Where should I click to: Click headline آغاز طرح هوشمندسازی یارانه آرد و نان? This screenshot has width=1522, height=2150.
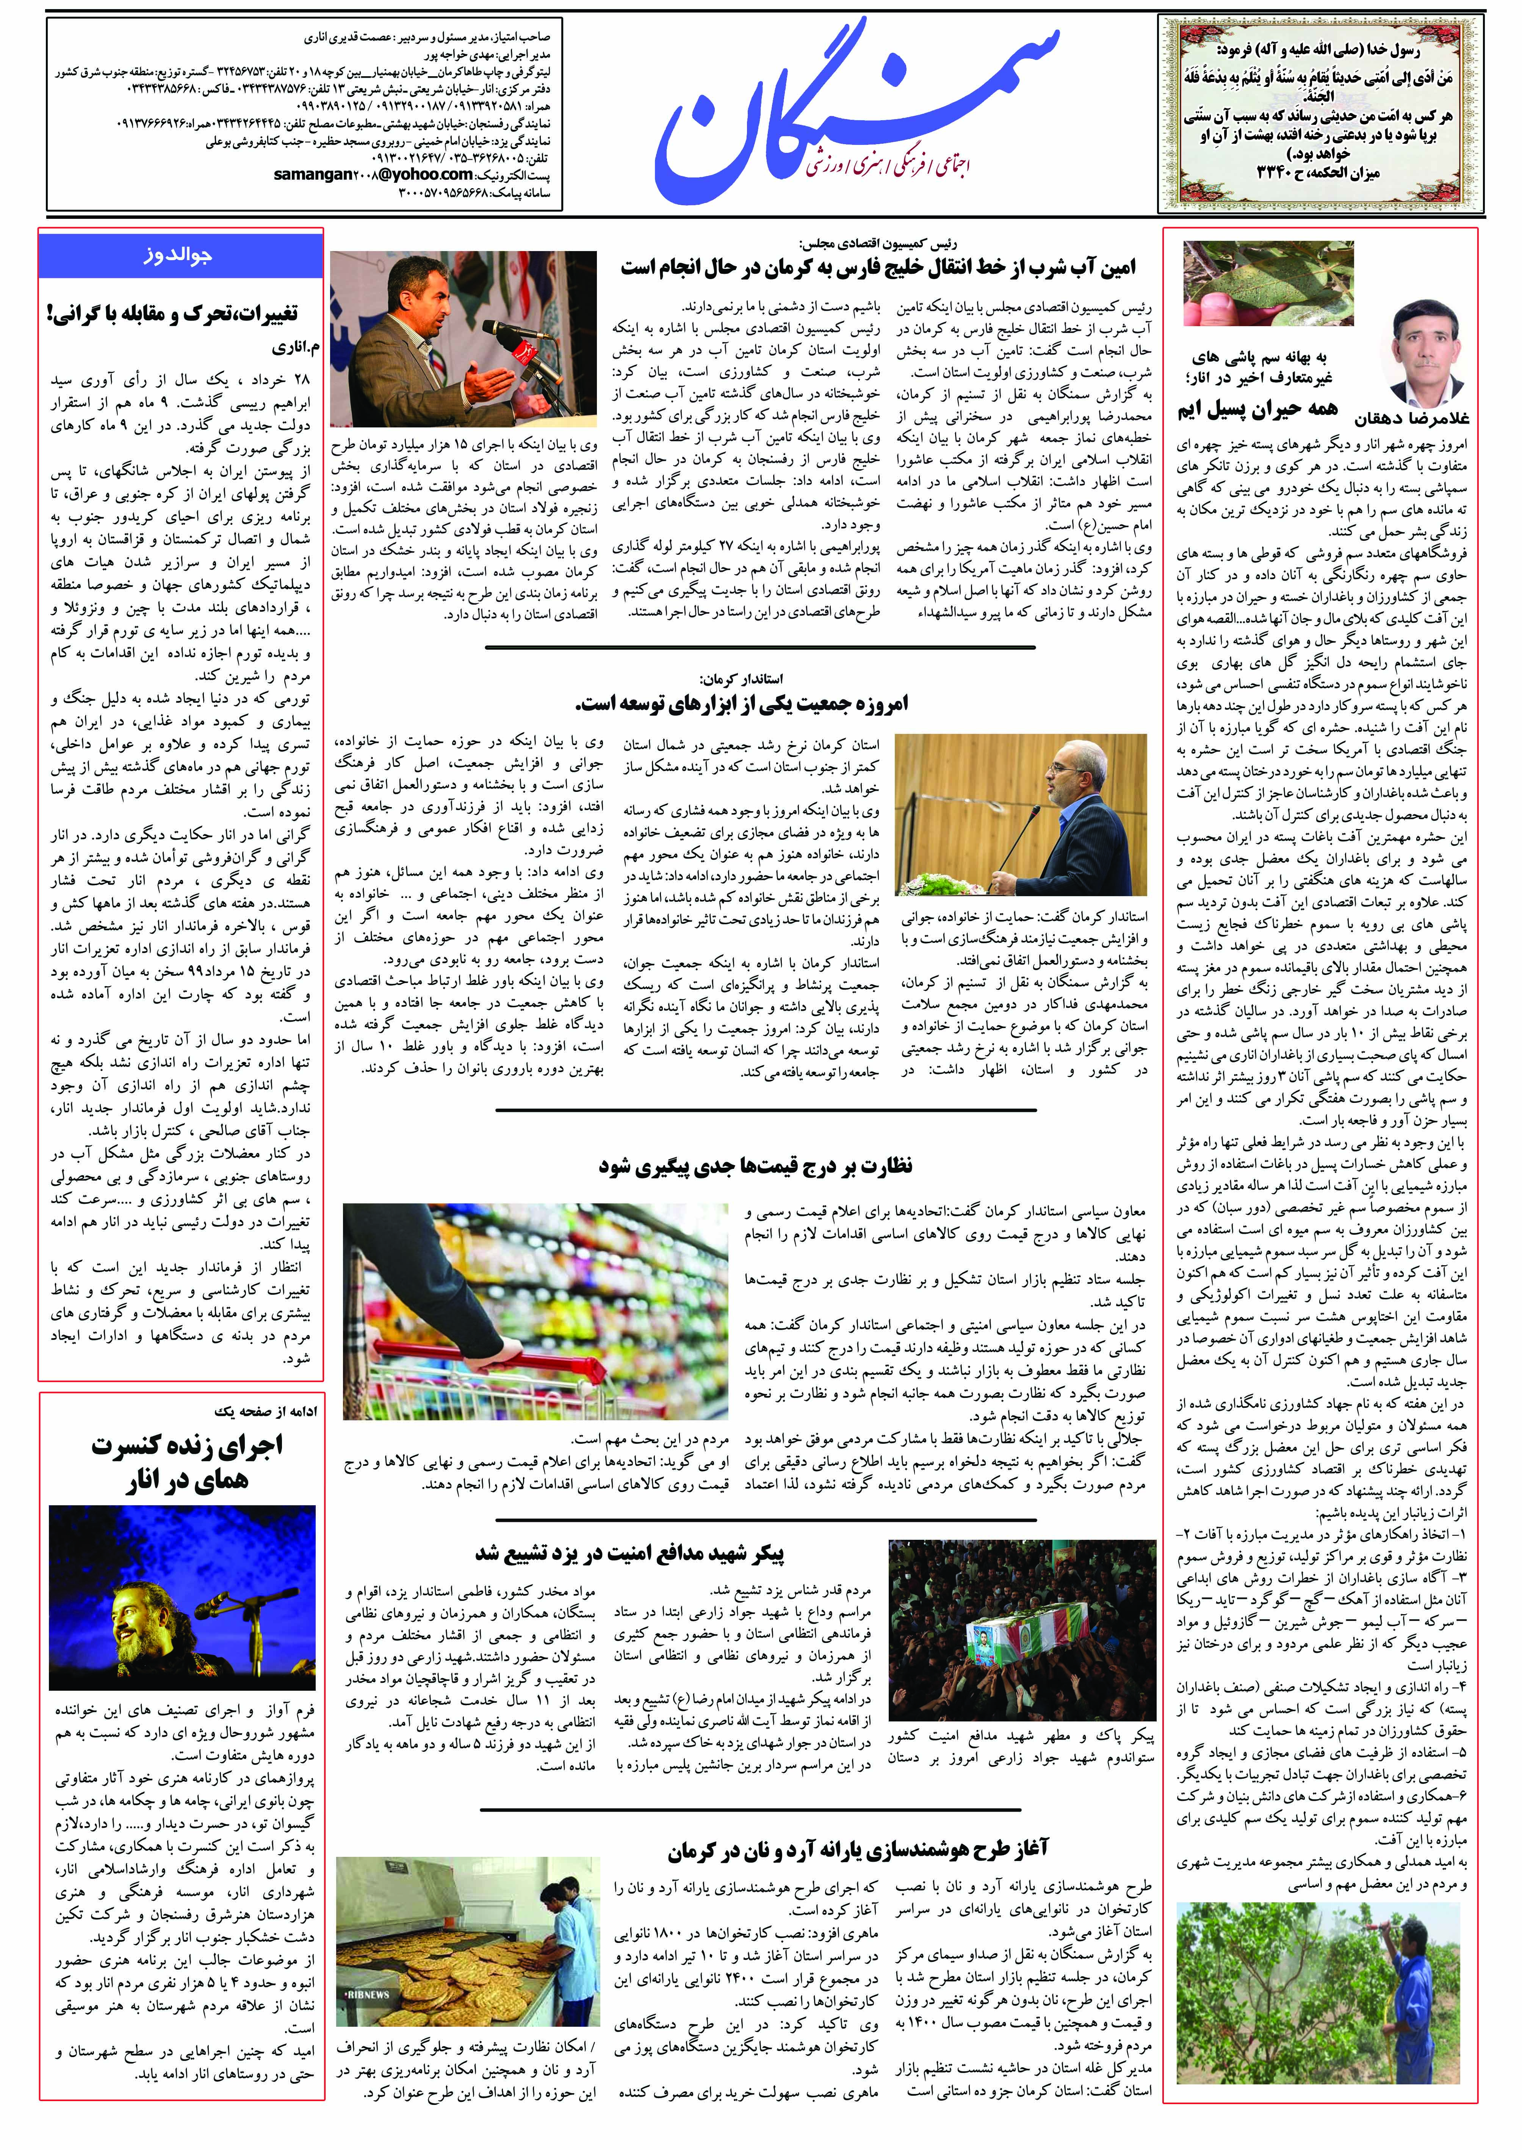(858, 1849)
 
